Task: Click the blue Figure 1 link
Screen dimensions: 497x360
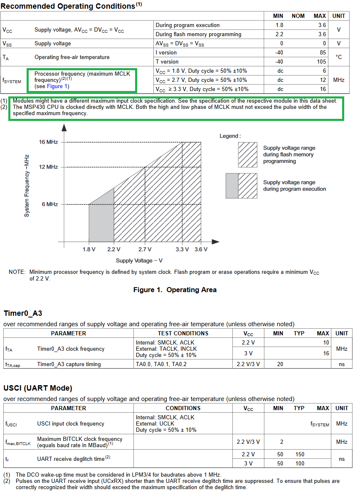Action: [x=58, y=86]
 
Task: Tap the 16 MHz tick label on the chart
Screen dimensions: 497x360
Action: [x=49, y=142]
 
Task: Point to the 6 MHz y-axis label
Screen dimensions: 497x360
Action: [x=49, y=204]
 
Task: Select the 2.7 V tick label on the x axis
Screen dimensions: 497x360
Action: [x=145, y=249]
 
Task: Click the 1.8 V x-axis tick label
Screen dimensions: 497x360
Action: [x=89, y=249]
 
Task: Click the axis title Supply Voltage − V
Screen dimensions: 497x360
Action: [x=139, y=261]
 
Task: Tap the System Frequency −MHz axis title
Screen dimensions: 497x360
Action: [x=27, y=185]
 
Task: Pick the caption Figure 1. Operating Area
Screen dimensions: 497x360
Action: [x=175, y=290]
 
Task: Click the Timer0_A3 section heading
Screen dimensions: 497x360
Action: [x=23, y=313]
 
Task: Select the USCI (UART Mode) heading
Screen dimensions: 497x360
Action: [x=38, y=388]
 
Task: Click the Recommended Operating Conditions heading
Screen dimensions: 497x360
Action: [x=69, y=6]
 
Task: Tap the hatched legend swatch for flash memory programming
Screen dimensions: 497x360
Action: [x=248, y=155]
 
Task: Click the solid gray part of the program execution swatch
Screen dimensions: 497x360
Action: [x=232, y=185]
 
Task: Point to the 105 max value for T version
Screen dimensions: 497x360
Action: [x=320, y=62]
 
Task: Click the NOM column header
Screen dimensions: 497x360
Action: [x=298, y=16]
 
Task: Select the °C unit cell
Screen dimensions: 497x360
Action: [x=338, y=57]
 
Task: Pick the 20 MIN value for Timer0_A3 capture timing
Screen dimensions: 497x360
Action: [x=280, y=364]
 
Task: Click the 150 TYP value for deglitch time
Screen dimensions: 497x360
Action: [x=300, y=455]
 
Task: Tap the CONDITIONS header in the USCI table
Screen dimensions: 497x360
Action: [x=183, y=408]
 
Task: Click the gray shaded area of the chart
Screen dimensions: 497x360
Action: [x=101, y=220]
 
